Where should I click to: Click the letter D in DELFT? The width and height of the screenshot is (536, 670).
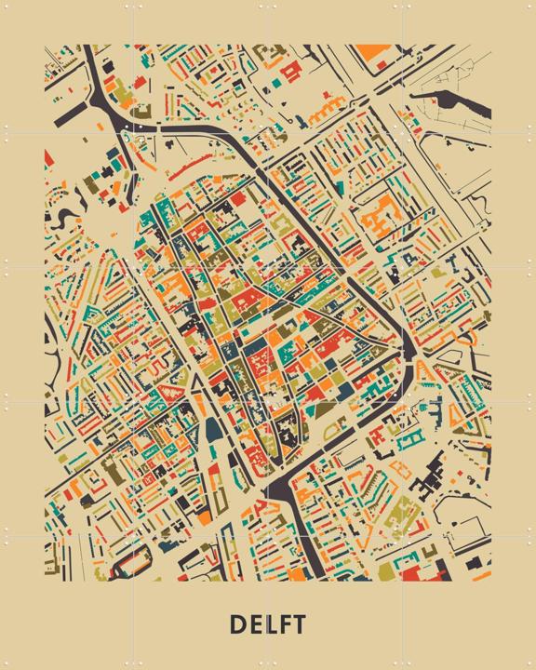point(236,623)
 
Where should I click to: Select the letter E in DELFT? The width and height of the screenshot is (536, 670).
point(254,623)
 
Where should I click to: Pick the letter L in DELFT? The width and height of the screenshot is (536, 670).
point(269,623)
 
